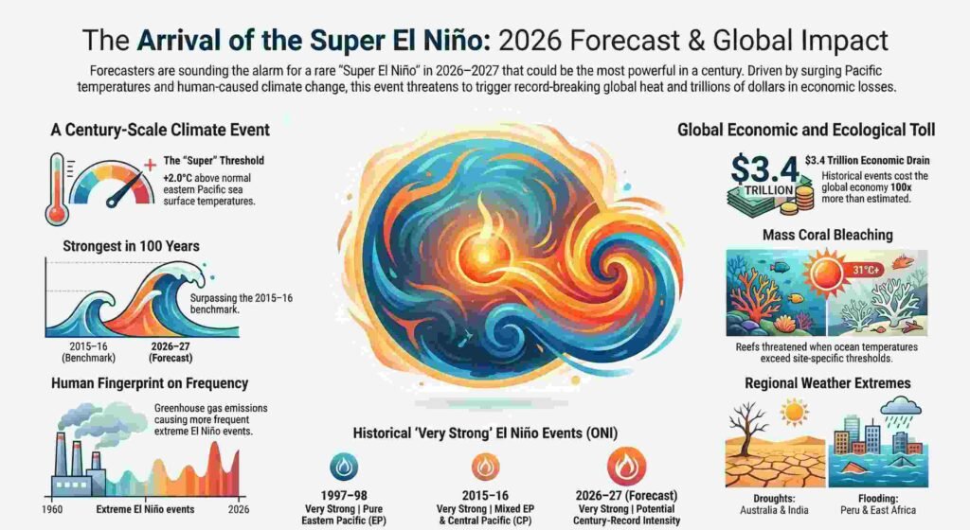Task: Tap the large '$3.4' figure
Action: tap(763, 169)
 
